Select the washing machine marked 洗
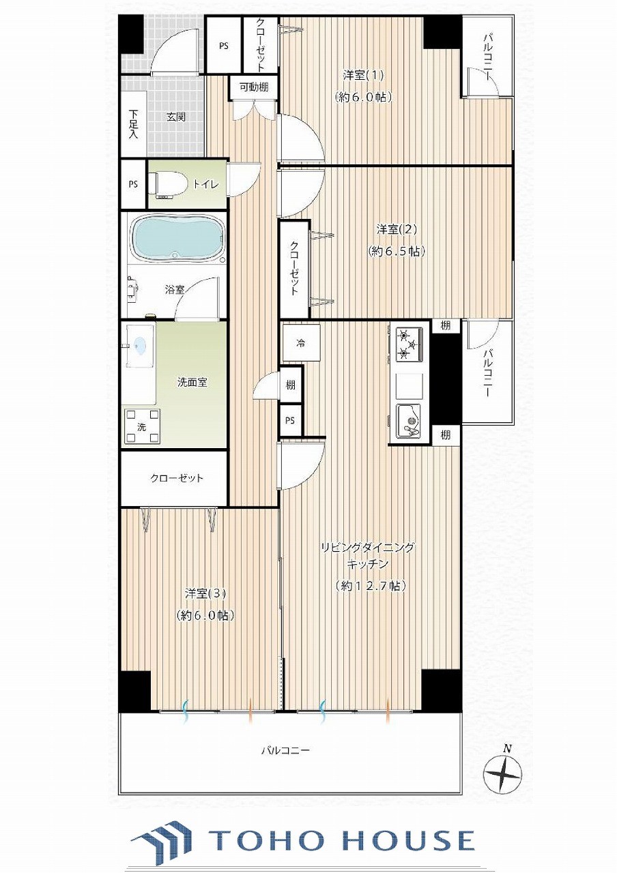coord(142,427)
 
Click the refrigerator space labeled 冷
coord(301,343)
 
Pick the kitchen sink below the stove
coord(409,421)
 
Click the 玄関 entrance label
coord(176,117)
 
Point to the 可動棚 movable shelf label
coord(253,87)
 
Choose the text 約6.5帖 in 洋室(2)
coord(396,252)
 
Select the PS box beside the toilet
coord(133,184)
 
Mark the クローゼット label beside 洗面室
coord(177,478)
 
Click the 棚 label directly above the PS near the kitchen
coord(290,385)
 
